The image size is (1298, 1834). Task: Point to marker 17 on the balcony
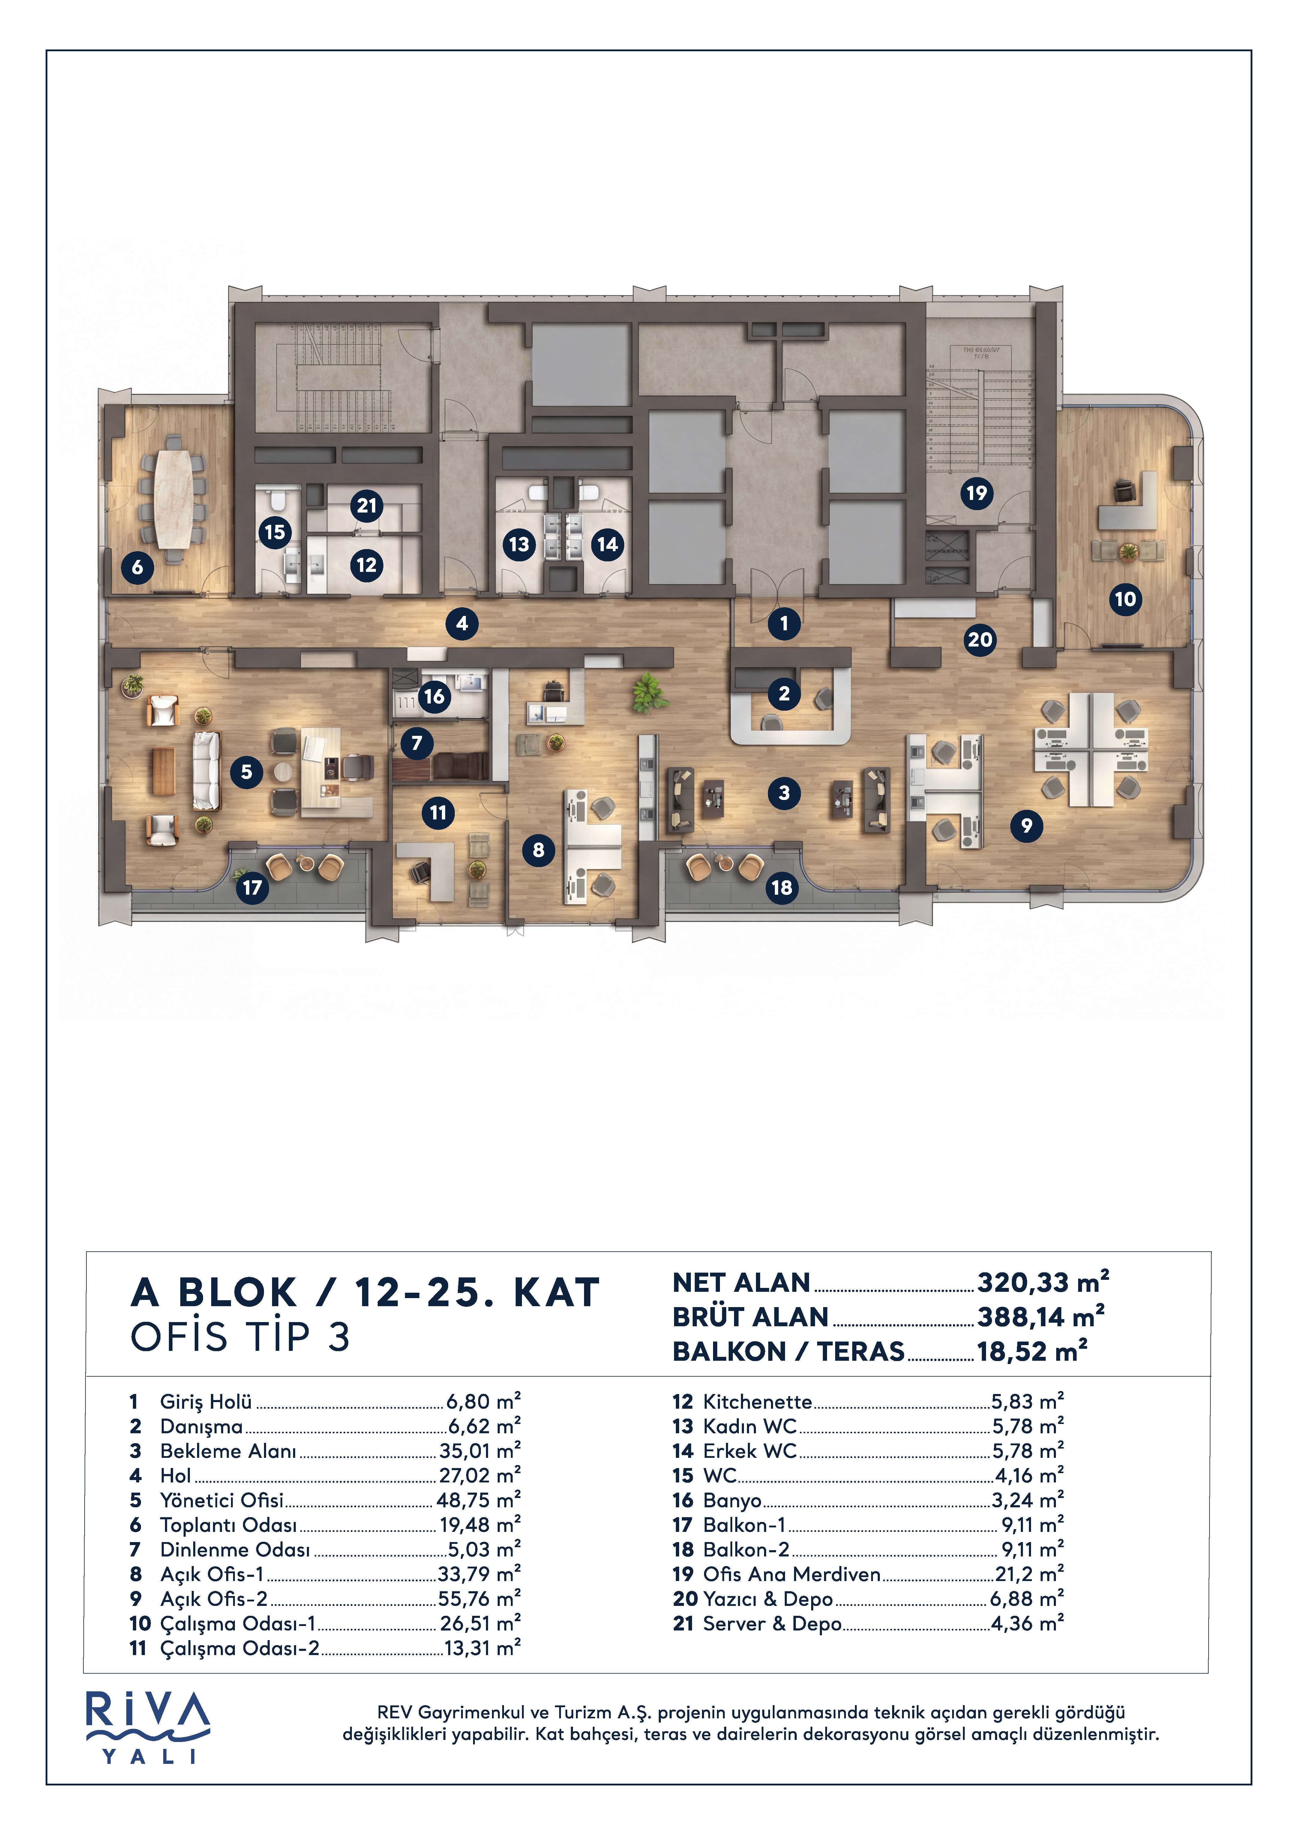[x=253, y=887]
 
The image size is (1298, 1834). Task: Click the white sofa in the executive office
[x=206, y=771]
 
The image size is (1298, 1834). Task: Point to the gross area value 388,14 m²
[x=1041, y=1316]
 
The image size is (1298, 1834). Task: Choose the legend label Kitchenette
[x=757, y=1402]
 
